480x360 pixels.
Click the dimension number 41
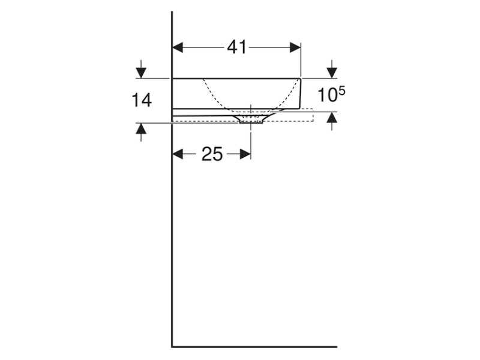click(x=236, y=47)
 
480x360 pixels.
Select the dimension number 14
click(x=142, y=100)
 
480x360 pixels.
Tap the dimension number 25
click(x=212, y=154)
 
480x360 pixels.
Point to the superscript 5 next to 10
click(x=342, y=91)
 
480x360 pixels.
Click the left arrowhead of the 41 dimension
click(x=178, y=47)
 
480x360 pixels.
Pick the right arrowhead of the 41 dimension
click(x=295, y=47)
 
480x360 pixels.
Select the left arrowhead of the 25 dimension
click(x=178, y=154)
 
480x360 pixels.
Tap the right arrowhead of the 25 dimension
click(x=245, y=154)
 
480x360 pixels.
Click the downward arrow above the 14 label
click(x=141, y=69)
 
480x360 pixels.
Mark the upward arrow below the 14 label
click(x=141, y=132)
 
